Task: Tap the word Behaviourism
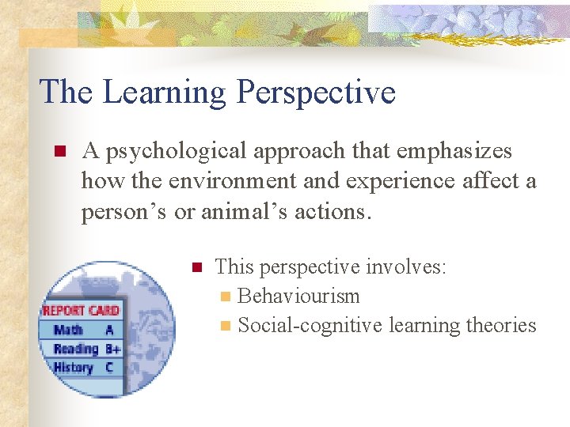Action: click(298, 297)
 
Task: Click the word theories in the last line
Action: click(499, 325)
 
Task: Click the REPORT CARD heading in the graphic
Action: click(81, 311)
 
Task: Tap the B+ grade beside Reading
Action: click(112, 349)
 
